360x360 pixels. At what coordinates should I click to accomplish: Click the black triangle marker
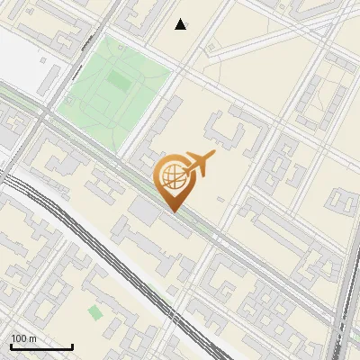181,24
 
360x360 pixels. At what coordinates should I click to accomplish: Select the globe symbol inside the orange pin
172,176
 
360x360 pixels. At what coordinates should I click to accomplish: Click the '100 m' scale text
23,338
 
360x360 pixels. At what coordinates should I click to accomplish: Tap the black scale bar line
41,346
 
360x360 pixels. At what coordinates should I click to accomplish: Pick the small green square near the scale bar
94,312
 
